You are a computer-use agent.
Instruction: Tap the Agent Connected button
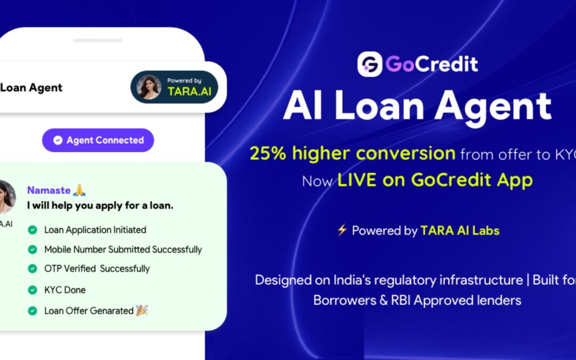pyautogui.click(x=98, y=140)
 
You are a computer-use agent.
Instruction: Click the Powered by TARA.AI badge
pyautogui.click(x=174, y=87)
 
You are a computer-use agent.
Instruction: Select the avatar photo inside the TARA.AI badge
pyautogui.click(x=149, y=87)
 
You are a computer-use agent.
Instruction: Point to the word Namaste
pyautogui.click(x=49, y=190)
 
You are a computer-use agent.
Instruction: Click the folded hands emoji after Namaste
pyautogui.click(x=79, y=190)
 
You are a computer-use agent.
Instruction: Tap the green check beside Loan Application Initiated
pyautogui.click(x=33, y=230)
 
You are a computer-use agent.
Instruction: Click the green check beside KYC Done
pyautogui.click(x=33, y=290)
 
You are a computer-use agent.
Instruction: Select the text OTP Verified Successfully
pyautogui.click(x=97, y=269)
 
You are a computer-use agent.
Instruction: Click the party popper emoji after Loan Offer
pyautogui.click(x=142, y=310)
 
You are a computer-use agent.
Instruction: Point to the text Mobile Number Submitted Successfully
pyautogui.click(x=123, y=250)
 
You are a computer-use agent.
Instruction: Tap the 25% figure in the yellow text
pyautogui.click(x=266, y=154)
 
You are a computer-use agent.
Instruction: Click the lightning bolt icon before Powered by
pyautogui.click(x=342, y=230)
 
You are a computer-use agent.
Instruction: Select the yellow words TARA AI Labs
pyautogui.click(x=460, y=231)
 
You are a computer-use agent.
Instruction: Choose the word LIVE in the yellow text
pyautogui.click(x=356, y=180)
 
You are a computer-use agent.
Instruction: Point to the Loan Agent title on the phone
pyautogui.click(x=31, y=87)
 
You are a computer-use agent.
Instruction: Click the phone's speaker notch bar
pyautogui.click(x=98, y=41)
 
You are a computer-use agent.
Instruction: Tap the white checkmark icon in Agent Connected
pyautogui.click(x=58, y=140)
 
